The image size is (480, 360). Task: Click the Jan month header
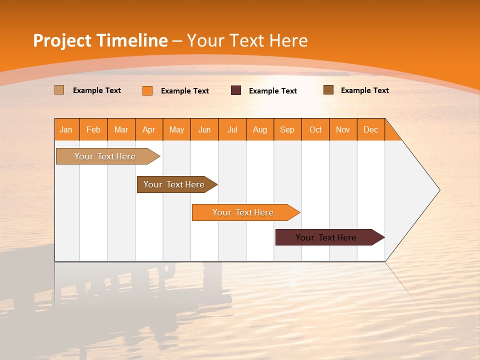click(x=66, y=129)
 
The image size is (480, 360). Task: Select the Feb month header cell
click(x=93, y=129)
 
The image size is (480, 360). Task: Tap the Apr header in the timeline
click(x=149, y=129)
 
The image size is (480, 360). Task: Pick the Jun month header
click(x=204, y=129)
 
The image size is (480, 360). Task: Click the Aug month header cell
click(x=260, y=129)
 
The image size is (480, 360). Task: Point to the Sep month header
click(x=287, y=129)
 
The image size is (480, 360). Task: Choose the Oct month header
click(x=315, y=129)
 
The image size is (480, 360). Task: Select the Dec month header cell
click(x=371, y=129)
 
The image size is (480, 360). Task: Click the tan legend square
click(x=59, y=90)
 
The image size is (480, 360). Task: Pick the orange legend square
click(x=147, y=90)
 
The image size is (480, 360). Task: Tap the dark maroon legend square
click(x=236, y=90)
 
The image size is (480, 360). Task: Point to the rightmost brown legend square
click(x=328, y=90)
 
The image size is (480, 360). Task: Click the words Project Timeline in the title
click(x=100, y=40)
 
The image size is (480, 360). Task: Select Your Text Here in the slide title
click(x=247, y=40)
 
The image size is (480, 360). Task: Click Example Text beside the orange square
click(x=185, y=91)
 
